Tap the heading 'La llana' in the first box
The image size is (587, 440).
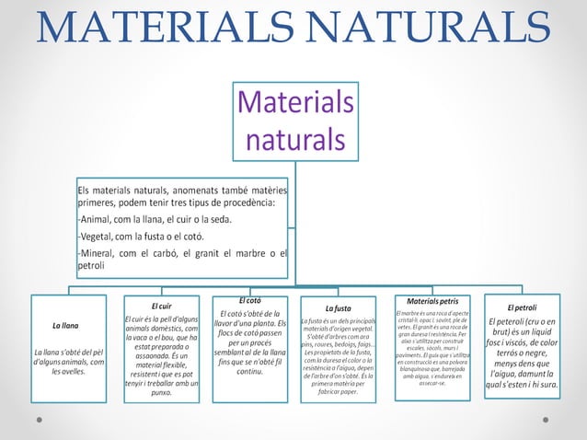[x=64, y=326]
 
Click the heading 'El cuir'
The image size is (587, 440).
[x=161, y=305]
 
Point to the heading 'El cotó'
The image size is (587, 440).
[x=250, y=300]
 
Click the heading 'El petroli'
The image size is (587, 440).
[x=522, y=307]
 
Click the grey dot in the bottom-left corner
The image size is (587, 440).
[x=39, y=418]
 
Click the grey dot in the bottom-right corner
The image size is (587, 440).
[x=548, y=418]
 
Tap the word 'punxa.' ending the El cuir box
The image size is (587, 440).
[x=161, y=392]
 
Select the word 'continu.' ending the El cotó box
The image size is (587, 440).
[x=250, y=371]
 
